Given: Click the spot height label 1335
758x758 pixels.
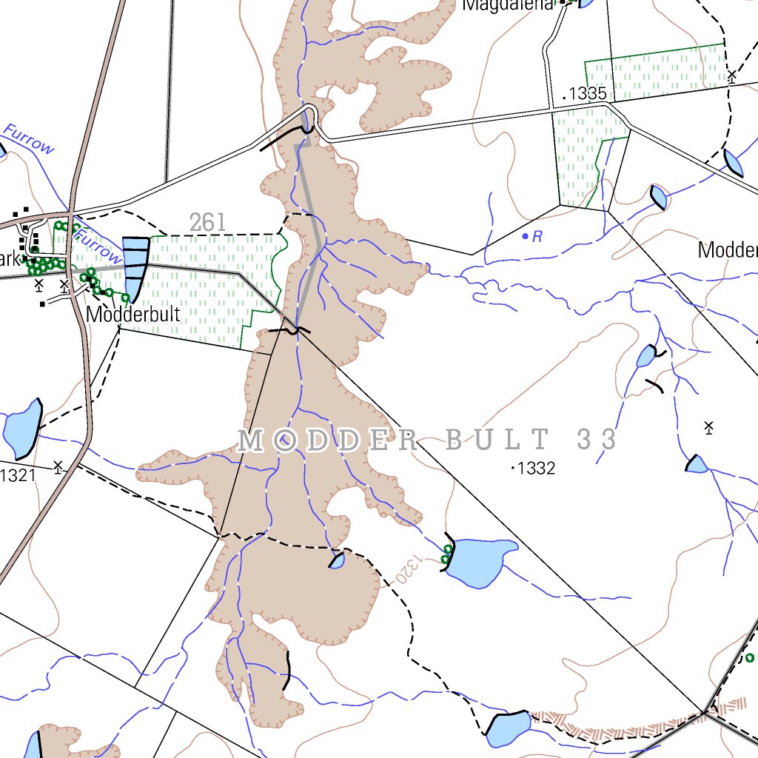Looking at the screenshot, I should (589, 94).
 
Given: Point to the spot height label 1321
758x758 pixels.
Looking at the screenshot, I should (17, 475).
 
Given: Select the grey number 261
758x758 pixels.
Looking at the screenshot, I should (208, 221).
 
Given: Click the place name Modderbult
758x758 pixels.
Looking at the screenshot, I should (133, 314).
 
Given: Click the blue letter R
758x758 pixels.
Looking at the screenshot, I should (538, 237).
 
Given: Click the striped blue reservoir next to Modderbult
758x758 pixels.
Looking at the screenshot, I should (135, 266).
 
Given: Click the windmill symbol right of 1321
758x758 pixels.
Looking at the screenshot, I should (58, 466).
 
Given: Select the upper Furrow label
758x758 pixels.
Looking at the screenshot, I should (30, 138).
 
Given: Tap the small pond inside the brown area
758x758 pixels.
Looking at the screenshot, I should (337, 560).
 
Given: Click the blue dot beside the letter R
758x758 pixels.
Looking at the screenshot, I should (526, 236).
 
